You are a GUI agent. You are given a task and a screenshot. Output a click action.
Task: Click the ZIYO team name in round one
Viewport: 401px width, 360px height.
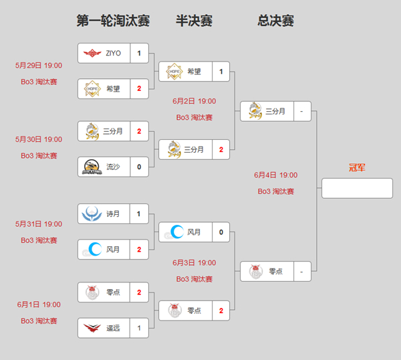[114, 54]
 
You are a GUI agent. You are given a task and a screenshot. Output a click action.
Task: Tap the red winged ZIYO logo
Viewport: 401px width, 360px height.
[92, 54]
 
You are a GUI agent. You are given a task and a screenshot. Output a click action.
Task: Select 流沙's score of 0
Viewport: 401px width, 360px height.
[139, 167]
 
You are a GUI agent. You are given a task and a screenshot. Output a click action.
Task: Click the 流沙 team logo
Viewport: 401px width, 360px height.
[92, 167]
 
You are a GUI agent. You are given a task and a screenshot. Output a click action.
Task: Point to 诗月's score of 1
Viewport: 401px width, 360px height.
[138, 214]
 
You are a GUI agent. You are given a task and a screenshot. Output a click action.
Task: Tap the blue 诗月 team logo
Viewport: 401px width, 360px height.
[92, 214]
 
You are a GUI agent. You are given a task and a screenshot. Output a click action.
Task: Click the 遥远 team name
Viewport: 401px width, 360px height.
[113, 328]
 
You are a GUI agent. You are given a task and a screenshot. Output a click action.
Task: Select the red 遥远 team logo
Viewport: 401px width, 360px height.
[92, 328]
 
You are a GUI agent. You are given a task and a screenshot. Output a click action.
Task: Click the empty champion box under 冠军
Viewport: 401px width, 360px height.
[357, 188]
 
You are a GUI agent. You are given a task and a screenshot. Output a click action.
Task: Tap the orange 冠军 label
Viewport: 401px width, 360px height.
[357, 168]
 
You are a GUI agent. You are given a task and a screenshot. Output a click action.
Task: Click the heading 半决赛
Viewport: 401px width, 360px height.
[194, 21]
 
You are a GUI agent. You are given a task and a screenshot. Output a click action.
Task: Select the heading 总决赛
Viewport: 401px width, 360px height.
[275, 21]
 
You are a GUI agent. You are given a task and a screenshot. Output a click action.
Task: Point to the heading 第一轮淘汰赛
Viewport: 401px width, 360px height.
[113, 21]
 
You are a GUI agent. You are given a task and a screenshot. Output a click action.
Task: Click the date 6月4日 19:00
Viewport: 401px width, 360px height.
[275, 175]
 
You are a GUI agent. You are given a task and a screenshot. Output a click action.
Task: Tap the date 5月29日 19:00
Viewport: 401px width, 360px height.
[39, 66]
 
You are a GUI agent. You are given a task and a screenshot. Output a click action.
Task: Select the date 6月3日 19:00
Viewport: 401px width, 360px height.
[194, 263]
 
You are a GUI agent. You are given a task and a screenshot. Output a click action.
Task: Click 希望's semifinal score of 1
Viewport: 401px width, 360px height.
[221, 72]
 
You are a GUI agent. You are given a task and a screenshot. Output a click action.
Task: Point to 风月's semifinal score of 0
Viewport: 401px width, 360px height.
[221, 232]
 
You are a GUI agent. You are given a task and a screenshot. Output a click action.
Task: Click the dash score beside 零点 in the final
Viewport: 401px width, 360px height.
[301, 272]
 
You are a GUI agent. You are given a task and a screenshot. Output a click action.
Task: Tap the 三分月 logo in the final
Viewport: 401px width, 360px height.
[255, 111]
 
